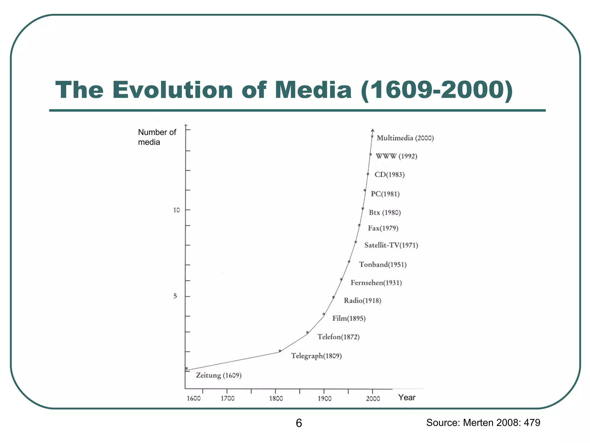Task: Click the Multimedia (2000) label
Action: [x=405, y=138]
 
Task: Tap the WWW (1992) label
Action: [x=396, y=156]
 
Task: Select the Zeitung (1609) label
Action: [x=219, y=376]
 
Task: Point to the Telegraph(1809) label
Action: [x=316, y=356]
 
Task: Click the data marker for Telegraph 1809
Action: [x=280, y=351]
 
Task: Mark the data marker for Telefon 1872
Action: [x=307, y=333]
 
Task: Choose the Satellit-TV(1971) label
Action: [x=391, y=245]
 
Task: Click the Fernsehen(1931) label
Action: [x=376, y=283]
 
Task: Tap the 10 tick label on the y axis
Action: [x=176, y=210]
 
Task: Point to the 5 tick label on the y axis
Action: [x=175, y=296]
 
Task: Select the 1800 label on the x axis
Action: [x=276, y=399]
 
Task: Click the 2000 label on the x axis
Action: [x=373, y=399]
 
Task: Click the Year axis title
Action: [x=407, y=398]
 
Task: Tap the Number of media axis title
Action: [x=157, y=137]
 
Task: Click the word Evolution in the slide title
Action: [x=172, y=90]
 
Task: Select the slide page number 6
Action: [x=299, y=423]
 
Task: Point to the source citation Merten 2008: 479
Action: [x=483, y=423]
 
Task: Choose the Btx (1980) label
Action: [x=385, y=213]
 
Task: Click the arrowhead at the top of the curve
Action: [x=372, y=130]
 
